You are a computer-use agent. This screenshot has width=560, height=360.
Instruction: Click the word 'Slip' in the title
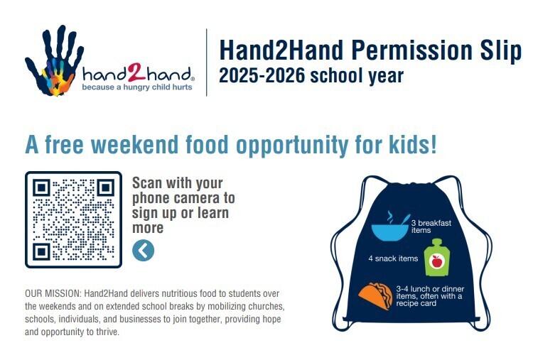tap(500, 50)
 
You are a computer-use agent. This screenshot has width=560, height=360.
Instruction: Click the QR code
tap(73, 219)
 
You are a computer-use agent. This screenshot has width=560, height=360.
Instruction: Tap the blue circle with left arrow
tap(143, 250)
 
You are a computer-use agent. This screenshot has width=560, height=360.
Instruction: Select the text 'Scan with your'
tap(178, 182)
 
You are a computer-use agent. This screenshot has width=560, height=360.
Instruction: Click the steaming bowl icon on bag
tap(390, 227)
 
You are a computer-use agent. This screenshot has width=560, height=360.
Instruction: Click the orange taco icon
tap(375, 296)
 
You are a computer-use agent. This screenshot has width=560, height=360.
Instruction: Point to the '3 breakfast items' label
tap(431, 227)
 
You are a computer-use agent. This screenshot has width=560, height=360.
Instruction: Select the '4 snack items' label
tap(393, 258)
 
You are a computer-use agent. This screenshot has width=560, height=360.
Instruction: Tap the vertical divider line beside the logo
tap(206, 62)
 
